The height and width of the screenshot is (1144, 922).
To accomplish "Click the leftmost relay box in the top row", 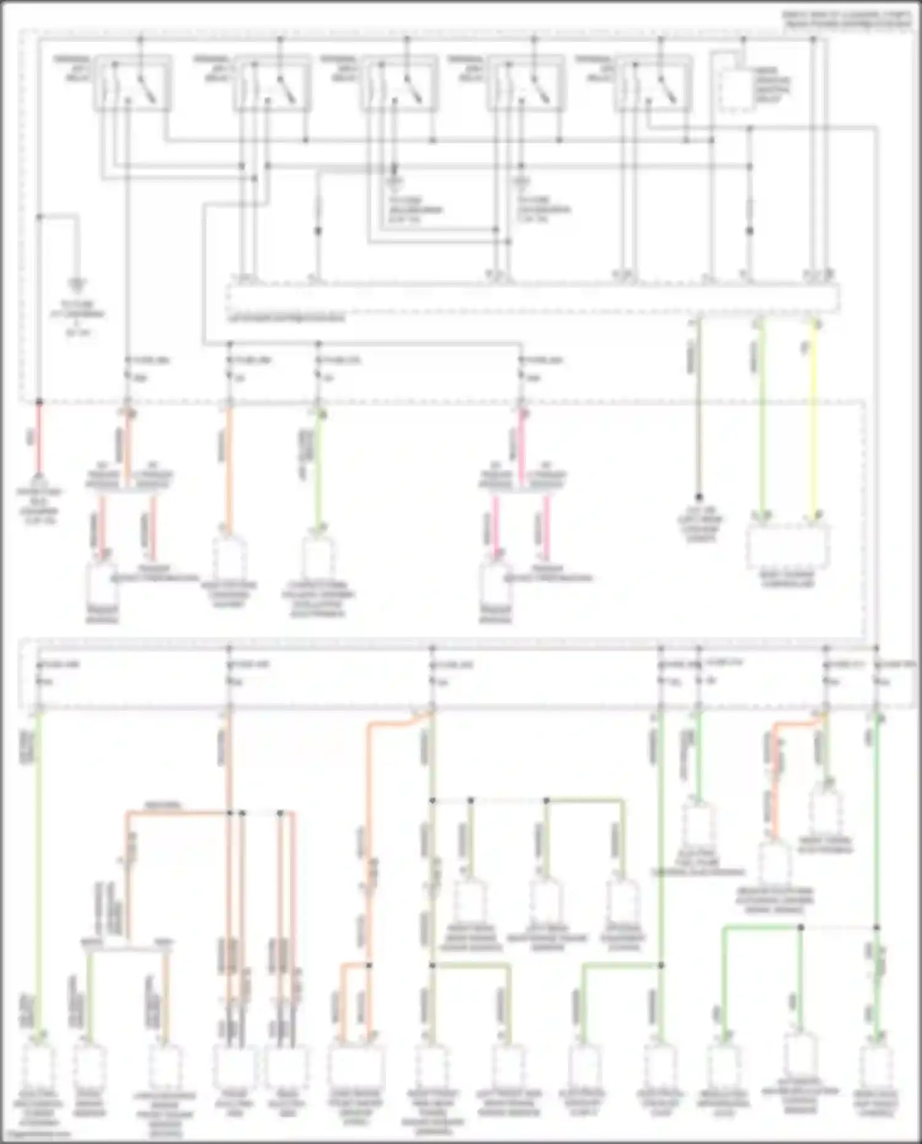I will point(133,84).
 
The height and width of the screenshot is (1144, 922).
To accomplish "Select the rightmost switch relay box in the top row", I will point(653,84).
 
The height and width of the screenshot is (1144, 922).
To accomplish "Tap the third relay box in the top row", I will point(400,84).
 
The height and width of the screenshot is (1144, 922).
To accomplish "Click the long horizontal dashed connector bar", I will point(532,299).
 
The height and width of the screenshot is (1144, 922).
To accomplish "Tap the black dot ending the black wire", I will point(698,497).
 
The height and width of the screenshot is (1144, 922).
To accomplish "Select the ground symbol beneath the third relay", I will point(395,182).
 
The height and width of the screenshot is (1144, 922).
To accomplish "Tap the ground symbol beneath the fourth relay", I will point(522,182).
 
